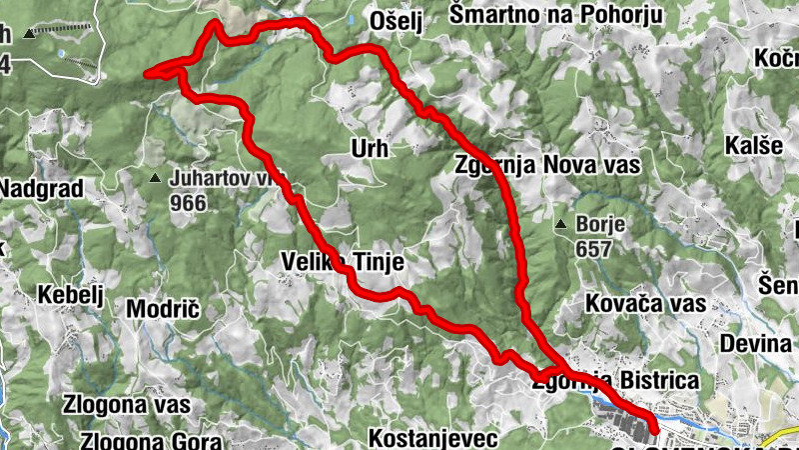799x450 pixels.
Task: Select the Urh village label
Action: point(369,149)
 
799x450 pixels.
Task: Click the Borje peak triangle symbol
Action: point(561,223)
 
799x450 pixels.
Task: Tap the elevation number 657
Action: point(596,247)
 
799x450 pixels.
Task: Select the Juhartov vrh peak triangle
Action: point(156,179)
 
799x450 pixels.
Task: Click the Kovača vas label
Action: point(646,303)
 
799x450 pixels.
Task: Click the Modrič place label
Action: point(164,309)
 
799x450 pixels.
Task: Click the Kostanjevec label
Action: point(432,439)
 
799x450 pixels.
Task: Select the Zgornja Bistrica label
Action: point(613,380)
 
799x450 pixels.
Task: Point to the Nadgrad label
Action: point(37,188)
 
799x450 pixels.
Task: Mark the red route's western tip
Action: point(148,73)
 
